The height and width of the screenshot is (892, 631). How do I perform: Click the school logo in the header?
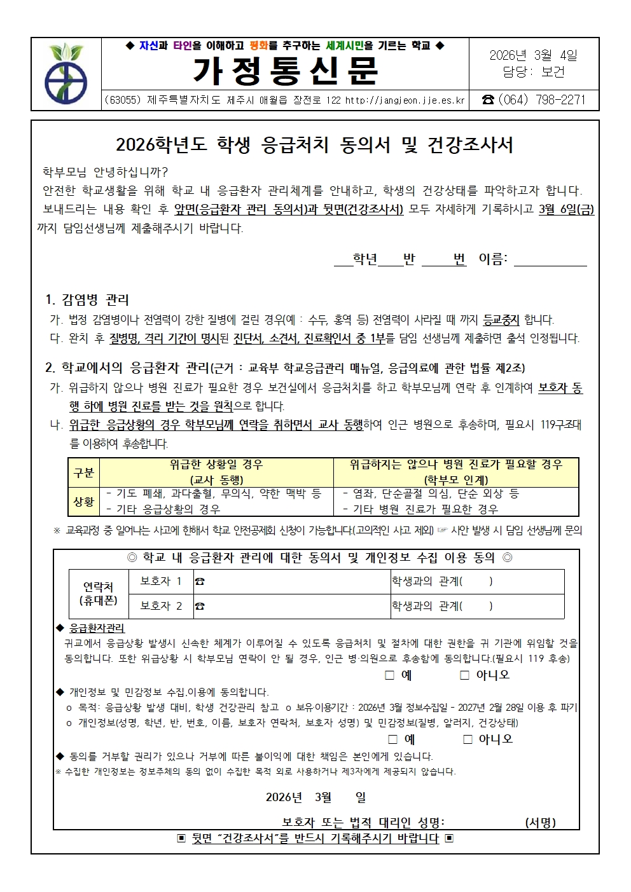point(66,74)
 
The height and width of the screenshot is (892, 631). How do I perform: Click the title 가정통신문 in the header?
point(285,71)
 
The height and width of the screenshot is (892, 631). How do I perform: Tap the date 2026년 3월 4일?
point(533,55)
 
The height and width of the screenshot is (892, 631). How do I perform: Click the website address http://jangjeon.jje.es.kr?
point(405,100)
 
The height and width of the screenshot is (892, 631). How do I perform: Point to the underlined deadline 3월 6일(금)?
point(566,209)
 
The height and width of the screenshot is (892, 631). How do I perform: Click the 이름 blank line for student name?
point(550,259)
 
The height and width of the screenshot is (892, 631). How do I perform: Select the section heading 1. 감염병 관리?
point(87,299)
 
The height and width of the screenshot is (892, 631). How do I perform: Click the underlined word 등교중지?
point(501,320)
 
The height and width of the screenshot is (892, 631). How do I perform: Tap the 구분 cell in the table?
point(84,472)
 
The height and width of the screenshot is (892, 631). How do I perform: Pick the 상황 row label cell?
point(84,502)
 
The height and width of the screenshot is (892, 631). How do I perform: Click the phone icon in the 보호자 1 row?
point(200,582)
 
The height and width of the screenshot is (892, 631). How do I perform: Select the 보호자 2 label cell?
point(161,606)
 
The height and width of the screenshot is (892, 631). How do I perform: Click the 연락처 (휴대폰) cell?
point(98,594)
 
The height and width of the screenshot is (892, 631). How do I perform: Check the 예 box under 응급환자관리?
point(390,675)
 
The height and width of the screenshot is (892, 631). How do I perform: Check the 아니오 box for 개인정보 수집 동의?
point(468,739)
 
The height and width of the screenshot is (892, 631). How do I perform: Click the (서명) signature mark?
point(540,822)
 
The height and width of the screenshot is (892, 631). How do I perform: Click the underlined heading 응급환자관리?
point(97,628)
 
